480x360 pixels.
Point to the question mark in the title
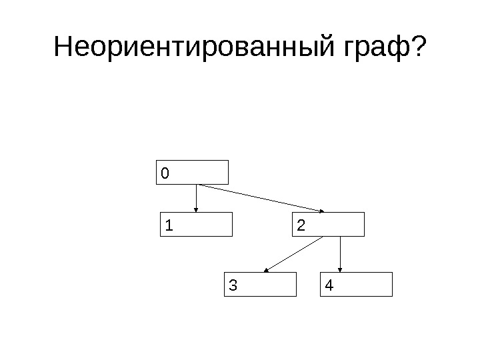click(418, 47)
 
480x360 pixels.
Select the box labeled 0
click(193, 172)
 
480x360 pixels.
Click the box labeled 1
click(198, 225)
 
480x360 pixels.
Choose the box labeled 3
click(259, 284)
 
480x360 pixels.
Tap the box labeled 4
click(357, 284)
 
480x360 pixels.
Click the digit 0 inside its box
click(165, 173)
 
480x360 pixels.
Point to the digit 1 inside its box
click(169, 226)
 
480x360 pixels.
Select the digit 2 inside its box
click(301, 226)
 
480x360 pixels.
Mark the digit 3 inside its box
click(232, 286)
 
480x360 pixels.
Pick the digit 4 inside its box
click(329, 286)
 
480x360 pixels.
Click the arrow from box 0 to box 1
click(196, 198)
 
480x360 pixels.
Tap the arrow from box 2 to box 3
click(294, 254)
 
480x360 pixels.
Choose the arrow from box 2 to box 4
click(341, 254)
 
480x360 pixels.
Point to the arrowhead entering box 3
click(267, 270)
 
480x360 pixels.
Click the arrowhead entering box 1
click(196, 209)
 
